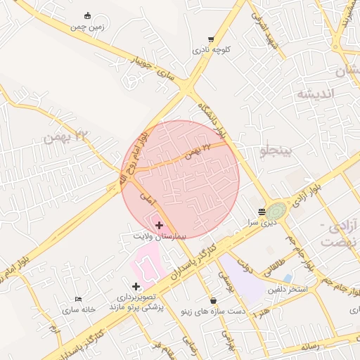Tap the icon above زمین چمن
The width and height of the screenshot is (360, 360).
87,15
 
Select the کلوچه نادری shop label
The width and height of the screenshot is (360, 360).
212,51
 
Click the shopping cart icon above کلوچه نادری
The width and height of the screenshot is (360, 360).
211,39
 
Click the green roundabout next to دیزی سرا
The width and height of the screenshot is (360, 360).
276,210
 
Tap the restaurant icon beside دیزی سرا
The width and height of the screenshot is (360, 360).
262,211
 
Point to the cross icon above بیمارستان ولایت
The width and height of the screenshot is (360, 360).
160,226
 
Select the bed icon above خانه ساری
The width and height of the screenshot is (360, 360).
78,299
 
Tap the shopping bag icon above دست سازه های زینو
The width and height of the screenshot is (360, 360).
213,300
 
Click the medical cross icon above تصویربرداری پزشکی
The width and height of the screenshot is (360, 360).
136,286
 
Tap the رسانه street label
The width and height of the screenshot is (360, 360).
309,346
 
